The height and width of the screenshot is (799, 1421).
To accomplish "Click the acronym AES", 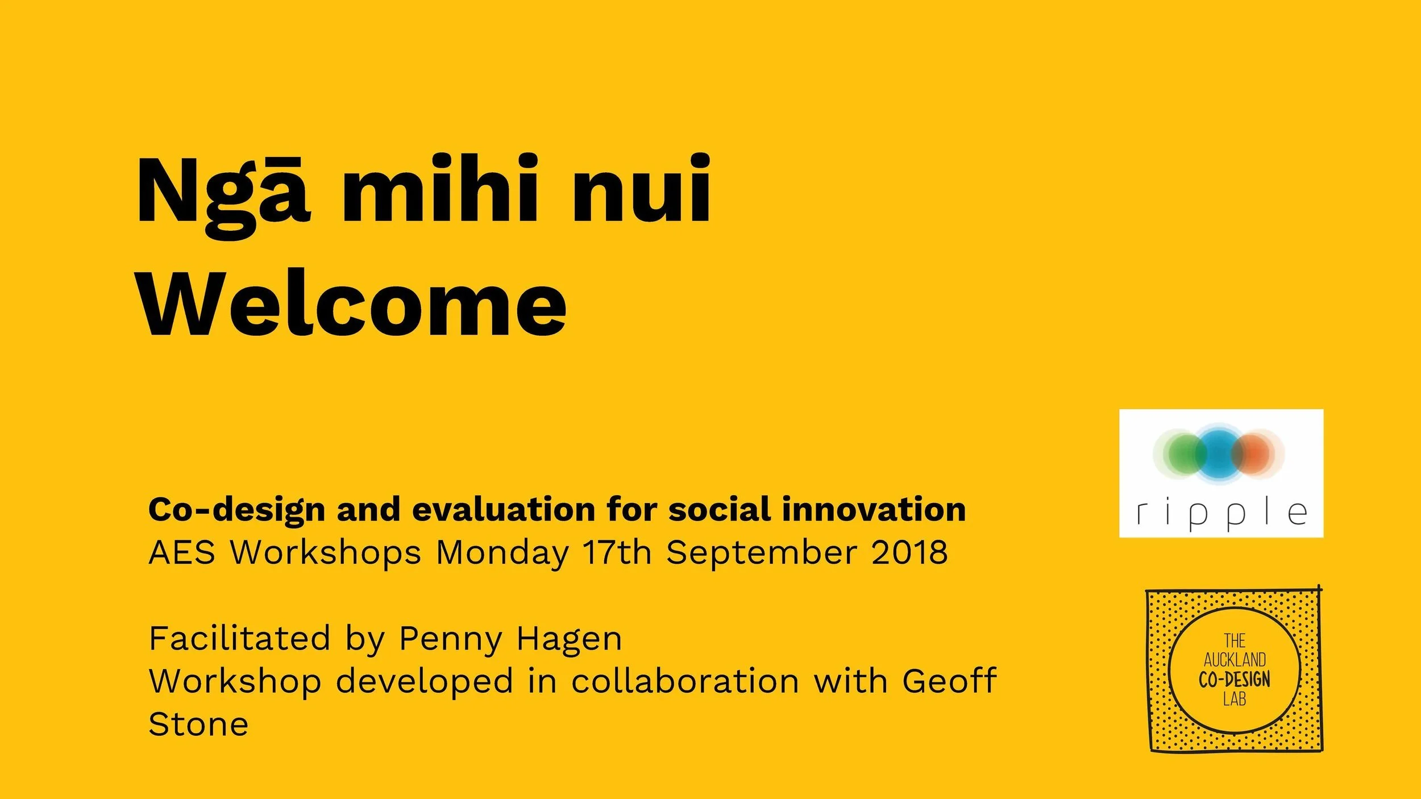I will pyautogui.click(x=182, y=552).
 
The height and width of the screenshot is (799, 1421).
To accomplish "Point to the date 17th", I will pyautogui.click(x=617, y=552).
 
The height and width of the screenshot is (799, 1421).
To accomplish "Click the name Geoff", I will pyautogui.click(x=949, y=680).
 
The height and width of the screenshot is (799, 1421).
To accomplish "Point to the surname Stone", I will pyautogui.click(x=198, y=724).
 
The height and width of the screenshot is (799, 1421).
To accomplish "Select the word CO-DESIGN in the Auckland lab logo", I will pyautogui.click(x=1235, y=679).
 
